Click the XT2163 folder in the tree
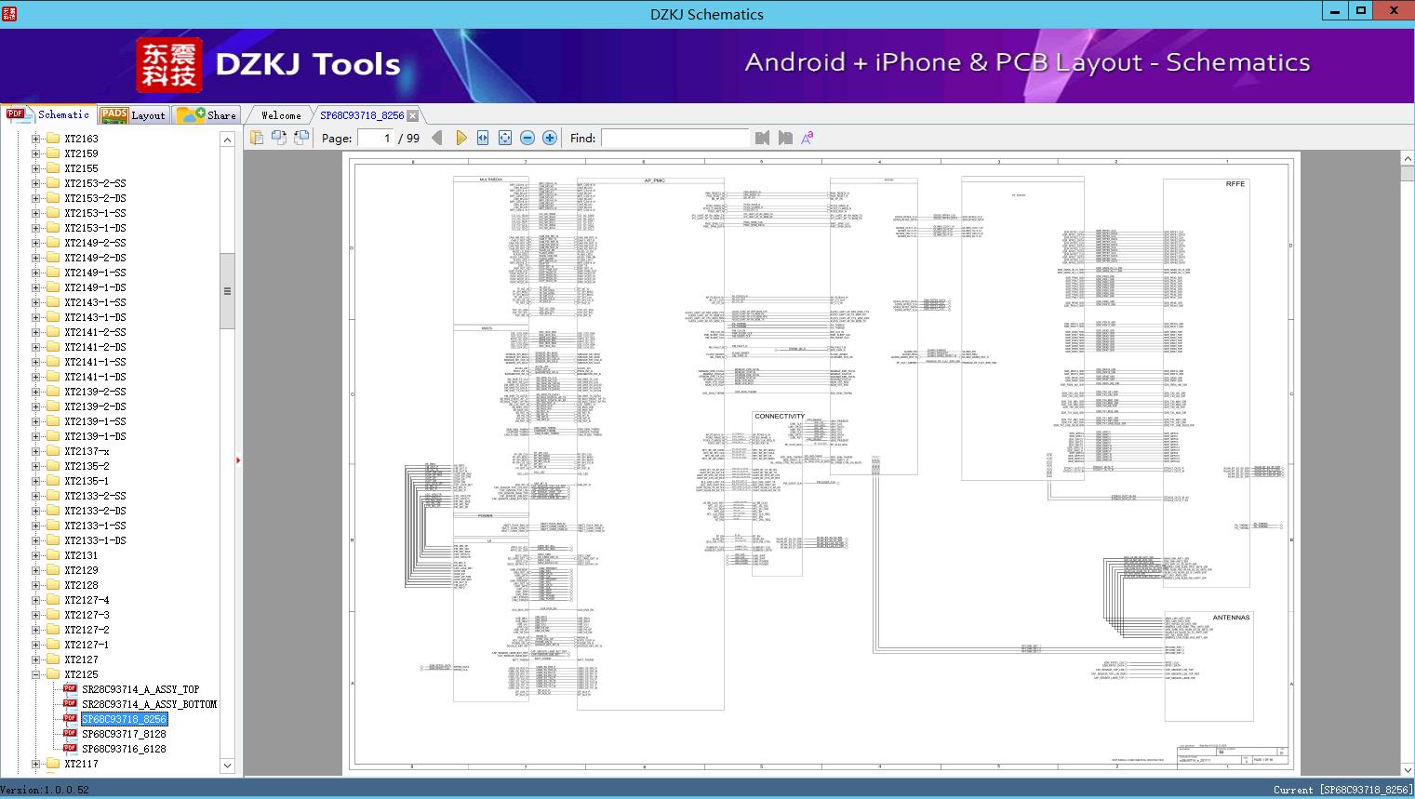81,139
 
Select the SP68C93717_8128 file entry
124,734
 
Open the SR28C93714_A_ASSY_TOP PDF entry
140,689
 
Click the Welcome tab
281,115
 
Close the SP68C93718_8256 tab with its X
412,115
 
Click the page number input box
374,139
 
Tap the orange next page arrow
461,138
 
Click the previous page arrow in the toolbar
437,138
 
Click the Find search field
674,139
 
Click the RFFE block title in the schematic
1235,184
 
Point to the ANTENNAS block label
1231,618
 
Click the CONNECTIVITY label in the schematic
780,417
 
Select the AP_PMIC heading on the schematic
654,180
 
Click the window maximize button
1361,10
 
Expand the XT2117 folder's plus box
36,764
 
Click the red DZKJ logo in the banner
168,65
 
